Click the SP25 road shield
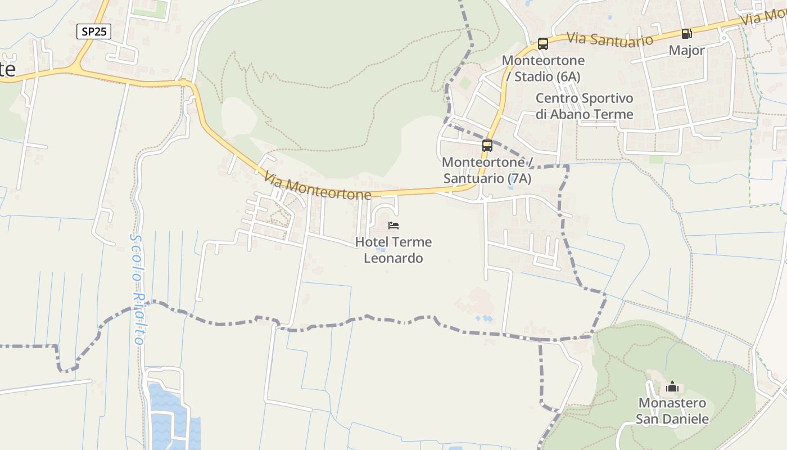pos(94,31)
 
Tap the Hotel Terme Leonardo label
pos(393,250)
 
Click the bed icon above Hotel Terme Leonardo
pos(393,226)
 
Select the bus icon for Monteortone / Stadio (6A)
pos(542,44)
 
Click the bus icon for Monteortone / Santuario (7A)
pos(487,146)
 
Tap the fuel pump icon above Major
pos(686,34)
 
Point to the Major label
pos(686,51)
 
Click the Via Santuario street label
pos(610,39)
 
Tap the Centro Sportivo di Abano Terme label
pos(584,106)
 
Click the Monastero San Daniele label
pos(672,411)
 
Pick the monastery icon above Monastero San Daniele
pos(672,387)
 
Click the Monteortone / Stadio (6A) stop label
pos(543,68)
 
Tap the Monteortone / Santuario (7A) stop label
pos(487,170)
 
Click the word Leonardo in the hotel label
pos(393,259)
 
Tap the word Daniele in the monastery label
pos(684,419)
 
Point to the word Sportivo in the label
pos(607,98)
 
